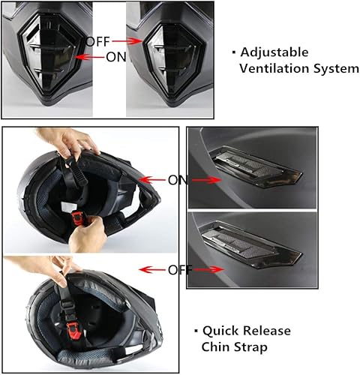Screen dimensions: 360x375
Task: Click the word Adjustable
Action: [x=274, y=52]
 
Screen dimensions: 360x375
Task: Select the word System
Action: [x=336, y=69]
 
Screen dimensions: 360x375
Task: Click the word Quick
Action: [x=220, y=331]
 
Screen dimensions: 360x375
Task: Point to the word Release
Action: [x=266, y=331]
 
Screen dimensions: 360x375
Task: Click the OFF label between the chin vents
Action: [x=97, y=41]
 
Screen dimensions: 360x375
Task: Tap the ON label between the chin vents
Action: [x=115, y=57]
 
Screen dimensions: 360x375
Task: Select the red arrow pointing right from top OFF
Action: [x=127, y=41]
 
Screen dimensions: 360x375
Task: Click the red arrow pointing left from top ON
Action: [x=90, y=57]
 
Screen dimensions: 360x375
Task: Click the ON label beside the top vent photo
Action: [x=178, y=180]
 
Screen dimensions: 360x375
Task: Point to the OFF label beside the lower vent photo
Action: [x=179, y=270]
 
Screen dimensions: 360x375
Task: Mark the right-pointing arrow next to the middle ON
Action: [x=206, y=180]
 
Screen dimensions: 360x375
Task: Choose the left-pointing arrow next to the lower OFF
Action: [x=152, y=270]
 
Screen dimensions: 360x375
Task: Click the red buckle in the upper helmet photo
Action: [x=77, y=217]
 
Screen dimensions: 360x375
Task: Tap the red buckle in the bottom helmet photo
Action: [x=74, y=331]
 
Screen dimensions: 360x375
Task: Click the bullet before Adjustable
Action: [x=234, y=52]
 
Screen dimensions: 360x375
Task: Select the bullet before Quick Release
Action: [x=196, y=331]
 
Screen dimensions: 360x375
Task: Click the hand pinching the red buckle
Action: [x=88, y=234]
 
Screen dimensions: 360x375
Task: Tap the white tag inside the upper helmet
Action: [x=67, y=207]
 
